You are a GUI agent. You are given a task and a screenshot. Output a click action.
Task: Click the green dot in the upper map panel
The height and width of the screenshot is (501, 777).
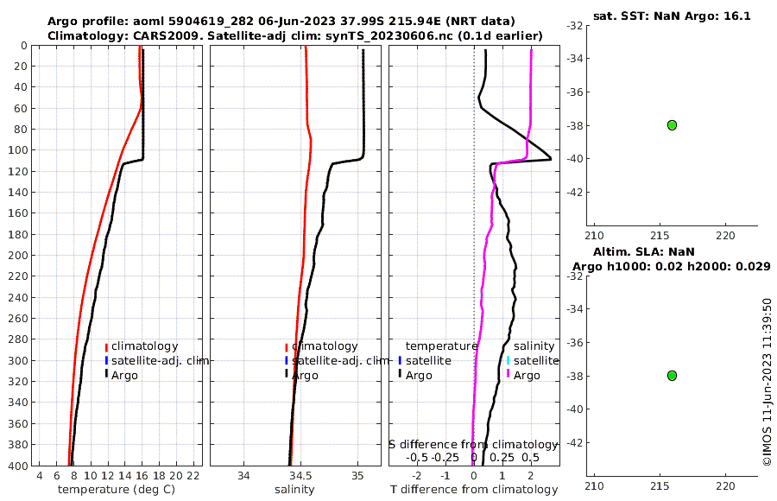coord(672,125)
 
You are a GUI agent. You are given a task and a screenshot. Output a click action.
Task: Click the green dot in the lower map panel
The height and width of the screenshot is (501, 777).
coord(672,376)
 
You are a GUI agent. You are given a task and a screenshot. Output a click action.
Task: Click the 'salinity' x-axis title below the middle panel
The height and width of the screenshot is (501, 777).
coord(294,490)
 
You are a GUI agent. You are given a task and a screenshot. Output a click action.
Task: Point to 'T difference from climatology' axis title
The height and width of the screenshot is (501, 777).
coord(475,490)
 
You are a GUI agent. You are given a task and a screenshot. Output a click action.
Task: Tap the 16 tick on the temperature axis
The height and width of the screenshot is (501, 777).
coord(142,476)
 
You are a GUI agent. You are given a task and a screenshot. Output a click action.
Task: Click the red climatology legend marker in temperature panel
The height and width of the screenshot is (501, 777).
coord(106,347)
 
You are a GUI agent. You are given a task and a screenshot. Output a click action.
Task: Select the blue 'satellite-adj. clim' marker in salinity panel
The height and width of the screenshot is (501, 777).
coord(286,360)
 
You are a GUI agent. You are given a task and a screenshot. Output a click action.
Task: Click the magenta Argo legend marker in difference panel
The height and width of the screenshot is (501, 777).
coord(509,375)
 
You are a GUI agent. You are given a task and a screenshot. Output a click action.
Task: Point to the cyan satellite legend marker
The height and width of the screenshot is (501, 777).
coord(509,360)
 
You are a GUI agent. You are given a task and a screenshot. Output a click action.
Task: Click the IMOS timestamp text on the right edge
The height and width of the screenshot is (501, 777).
coord(767,382)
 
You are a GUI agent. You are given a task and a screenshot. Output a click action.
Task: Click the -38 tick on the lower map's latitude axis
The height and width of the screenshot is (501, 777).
coord(575,376)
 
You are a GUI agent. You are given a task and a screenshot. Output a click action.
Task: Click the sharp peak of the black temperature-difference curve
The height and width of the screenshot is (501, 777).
coord(550,160)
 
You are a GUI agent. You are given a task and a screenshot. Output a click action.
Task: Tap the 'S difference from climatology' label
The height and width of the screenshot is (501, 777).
coord(473,444)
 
